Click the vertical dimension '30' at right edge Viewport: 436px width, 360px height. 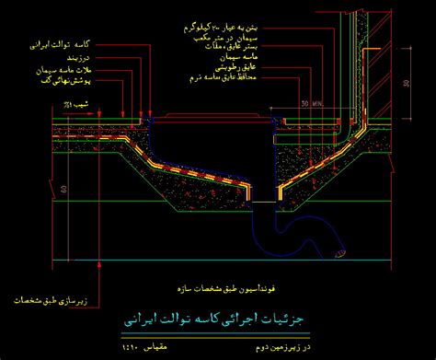click(406, 81)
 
